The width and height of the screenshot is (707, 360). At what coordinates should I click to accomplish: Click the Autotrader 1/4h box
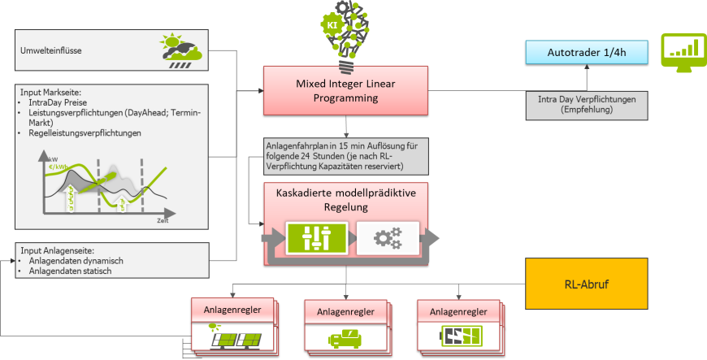pyautogui.click(x=585, y=54)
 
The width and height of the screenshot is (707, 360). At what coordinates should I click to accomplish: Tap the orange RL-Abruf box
pyautogui.click(x=586, y=284)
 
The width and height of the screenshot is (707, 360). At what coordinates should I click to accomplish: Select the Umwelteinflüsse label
pyautogui.click(x=50, y=52)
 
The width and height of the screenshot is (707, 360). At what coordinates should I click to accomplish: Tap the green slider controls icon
pyautogui.click(x=315, y=237)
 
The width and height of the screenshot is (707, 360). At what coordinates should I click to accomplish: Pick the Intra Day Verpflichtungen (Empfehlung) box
pyautogui.click(x=585, y=103)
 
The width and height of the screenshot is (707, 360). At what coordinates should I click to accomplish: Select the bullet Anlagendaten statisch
pyautogui.click(x=70, y=271)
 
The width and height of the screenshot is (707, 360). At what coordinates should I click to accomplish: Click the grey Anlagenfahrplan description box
pyautogui.click(x=345, y=155)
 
